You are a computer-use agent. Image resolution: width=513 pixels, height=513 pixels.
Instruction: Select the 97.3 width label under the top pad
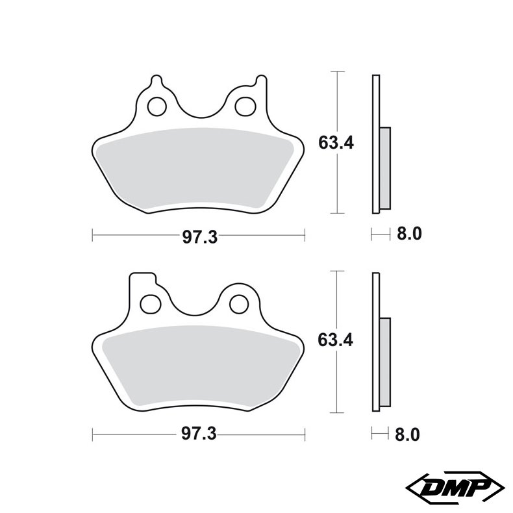tap(199, 237)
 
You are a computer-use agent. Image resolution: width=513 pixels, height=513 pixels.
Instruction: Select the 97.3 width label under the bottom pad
tap(199, 434)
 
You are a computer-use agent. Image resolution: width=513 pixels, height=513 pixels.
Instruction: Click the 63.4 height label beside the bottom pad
tap(335, 340)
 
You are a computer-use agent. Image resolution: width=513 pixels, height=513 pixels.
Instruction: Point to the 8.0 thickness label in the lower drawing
tap(409, 434)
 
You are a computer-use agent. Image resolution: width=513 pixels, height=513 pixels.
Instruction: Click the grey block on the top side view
tap(384, 167)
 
